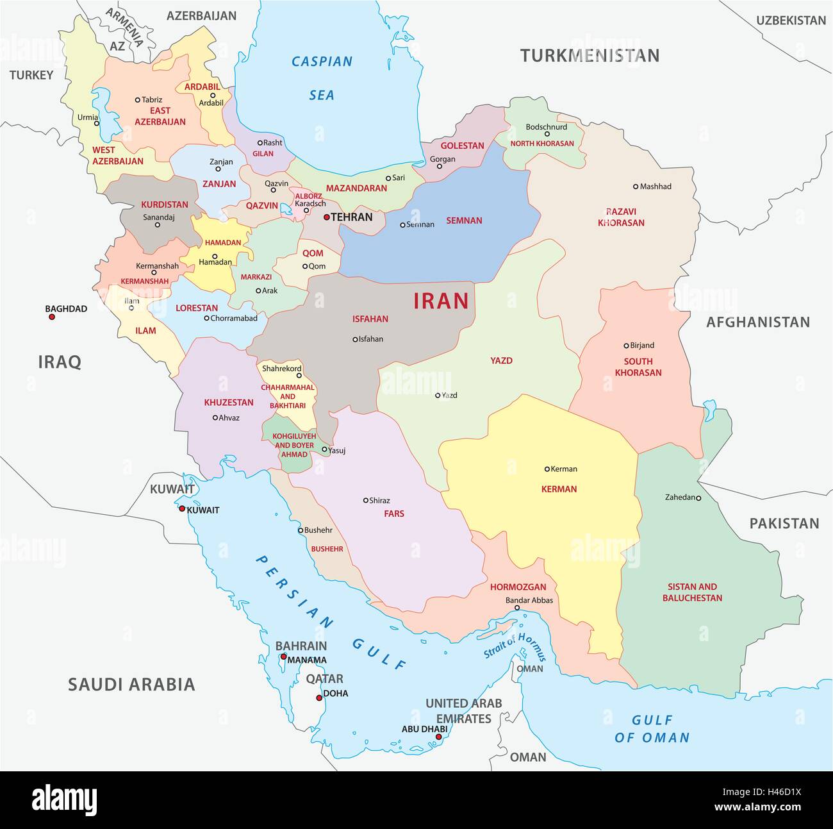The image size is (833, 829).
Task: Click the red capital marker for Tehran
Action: pos(326,217)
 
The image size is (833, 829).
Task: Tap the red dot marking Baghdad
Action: pos(52,317)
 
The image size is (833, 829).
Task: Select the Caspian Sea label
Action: pos(322,78)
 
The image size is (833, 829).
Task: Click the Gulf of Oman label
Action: pos(652,728)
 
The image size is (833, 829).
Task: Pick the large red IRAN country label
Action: pos(441,301)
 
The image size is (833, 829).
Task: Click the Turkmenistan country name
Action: pos(590,56)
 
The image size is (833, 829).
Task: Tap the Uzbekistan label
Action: pos(791,21)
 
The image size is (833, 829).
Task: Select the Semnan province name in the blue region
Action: pos(464,221)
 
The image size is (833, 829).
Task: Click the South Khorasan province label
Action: pos(638,367)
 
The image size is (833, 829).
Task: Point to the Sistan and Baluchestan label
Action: pos(692,592)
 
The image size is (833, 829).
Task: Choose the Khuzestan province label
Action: pos(229,403)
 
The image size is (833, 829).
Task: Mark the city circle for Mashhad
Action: pos(636,187)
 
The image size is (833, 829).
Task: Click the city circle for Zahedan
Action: pos(698,498)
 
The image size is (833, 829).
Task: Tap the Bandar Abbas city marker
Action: pos(517,608)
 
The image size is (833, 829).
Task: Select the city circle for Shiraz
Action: pos(366,501)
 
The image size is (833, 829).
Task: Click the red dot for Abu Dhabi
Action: pos(438,737)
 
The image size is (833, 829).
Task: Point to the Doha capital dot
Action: pos(318,698)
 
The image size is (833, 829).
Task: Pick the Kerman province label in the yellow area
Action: pos(559,489)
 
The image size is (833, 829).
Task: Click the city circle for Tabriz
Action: pos(137,100)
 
